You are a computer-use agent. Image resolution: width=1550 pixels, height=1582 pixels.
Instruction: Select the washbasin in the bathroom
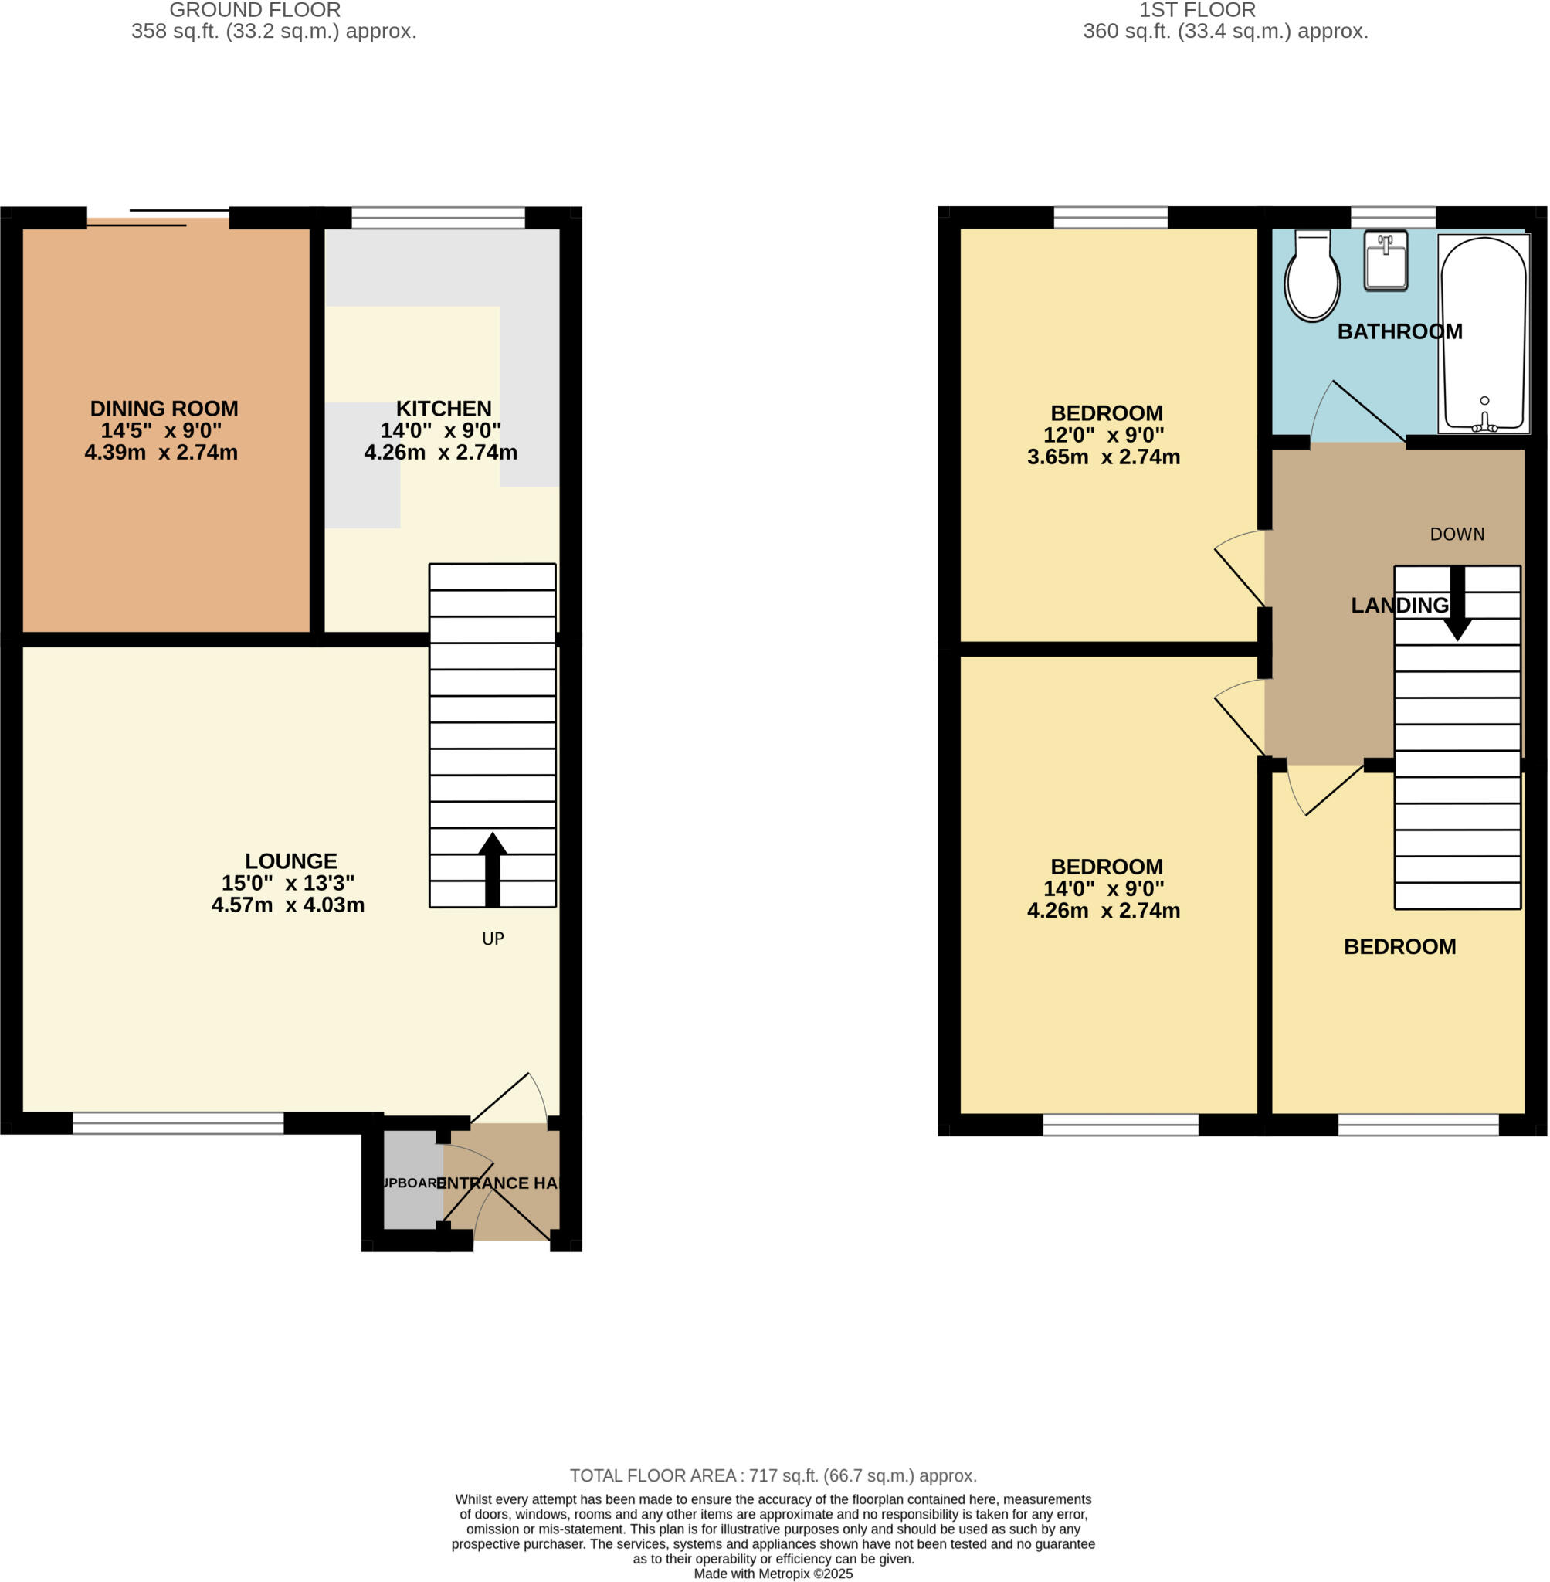pyautogui.click(x=1386, y=261)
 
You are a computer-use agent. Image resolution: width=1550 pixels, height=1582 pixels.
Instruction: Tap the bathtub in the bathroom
pyautogui.click(x=1484, y=334)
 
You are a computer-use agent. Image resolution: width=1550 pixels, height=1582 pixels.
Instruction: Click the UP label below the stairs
pyautogui.click(x=493, y=939)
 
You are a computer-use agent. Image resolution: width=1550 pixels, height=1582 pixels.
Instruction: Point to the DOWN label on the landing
pyautogui.click(x=1457, y=534)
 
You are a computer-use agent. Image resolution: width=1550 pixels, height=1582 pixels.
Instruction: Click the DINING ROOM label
pyautogui.click(x=164, y=409)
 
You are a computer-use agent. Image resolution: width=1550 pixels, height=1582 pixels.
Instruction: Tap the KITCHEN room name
pyautogui.click(x=443, y=409)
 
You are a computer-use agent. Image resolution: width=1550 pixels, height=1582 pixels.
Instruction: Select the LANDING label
pyautogui.click(x=1399, y=605)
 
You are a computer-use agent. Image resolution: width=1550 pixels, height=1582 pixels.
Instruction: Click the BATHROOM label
pyautogui.click(x=1399, y=331)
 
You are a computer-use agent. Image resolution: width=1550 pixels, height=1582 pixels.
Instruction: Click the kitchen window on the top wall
pyautogui.click(x=438, y=217)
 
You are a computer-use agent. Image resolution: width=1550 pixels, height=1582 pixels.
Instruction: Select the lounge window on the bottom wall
pyautogui.click(x=178, y=1124)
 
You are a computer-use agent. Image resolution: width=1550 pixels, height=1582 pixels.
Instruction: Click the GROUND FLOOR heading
pyautogui.click(x=255, y=11)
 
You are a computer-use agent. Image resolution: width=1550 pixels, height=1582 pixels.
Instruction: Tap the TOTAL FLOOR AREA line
pyautogui.click(x=772, y=1475)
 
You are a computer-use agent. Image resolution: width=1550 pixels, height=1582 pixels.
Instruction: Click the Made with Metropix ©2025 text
pyautogui.click(x=772, y=1574)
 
